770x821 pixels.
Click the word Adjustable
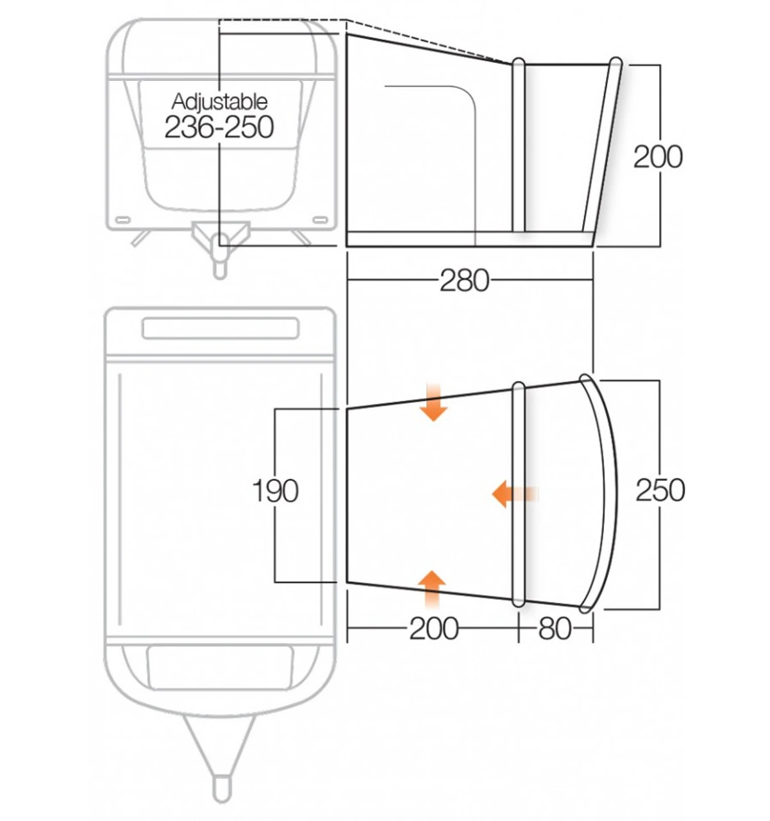(x=219, y=101)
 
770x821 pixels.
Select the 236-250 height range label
(x=219, y=127)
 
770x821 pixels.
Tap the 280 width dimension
(x=464, y=280)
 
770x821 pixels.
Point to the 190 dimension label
(x=275, y=491)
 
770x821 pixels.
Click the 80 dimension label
(x=555, y=629)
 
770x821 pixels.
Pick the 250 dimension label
(x=660, y=490)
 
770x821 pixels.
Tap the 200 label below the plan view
(x=434, y=629)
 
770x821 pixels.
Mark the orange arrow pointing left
(x=513, y=494)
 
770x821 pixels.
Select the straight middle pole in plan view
(x=519, y=494)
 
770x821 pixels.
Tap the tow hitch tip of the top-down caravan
(x=220, y=790)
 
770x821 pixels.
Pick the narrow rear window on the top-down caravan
(x=220, y=328)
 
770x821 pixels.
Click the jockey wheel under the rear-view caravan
(x=220, y=263)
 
